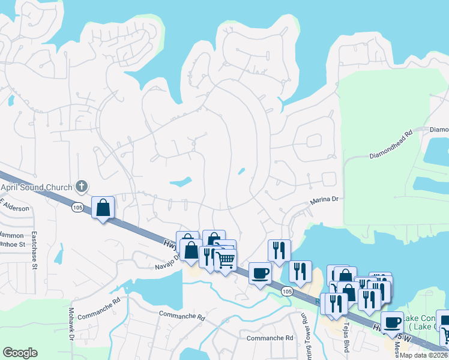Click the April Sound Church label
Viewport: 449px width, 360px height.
(37, 187)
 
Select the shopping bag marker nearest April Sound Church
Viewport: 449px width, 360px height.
(103, 208)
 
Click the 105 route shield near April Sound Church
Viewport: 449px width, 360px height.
(77, 207)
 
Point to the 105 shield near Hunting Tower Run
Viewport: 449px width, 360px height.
(287, 291)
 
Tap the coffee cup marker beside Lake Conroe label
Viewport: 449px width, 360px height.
(393, 322)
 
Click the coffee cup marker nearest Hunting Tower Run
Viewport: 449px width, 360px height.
(260, 273)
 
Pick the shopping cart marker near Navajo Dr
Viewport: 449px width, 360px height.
(225, 260)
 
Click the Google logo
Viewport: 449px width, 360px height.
(20, 353)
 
